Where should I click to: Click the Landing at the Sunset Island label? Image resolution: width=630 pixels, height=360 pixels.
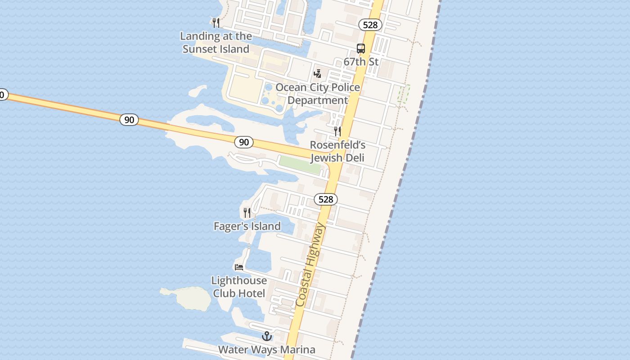click(x=216, y=42)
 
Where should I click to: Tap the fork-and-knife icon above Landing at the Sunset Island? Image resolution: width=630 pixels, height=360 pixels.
click(x=216, y=22)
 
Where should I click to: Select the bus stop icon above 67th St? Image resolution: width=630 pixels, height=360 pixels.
click(x=361, y=49)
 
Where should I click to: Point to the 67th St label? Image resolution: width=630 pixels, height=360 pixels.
click(x=361, y=62)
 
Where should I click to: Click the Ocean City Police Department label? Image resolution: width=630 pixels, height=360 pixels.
click(x=318, y=94)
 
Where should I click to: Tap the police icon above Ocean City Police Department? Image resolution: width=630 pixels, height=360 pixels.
click(x=318, y=73)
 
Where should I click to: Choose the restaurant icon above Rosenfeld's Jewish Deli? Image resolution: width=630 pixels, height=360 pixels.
click(x=337, y=131)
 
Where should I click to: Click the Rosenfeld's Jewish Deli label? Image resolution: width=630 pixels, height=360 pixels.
click(x=337, y=151)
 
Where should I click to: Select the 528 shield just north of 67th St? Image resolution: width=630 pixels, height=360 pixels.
click(x=370, y=25)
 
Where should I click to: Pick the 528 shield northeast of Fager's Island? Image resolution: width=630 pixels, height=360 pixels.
click(x=326, y=199)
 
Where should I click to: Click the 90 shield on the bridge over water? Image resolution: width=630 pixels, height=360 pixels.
click(x=129, y=120)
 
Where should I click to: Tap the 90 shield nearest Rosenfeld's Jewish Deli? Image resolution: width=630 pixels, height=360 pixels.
click(x=243, y=142)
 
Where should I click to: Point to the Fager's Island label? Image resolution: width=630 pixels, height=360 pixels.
click(x=247, y=226)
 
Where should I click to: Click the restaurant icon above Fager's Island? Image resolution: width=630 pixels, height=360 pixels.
click(x=247, y=212)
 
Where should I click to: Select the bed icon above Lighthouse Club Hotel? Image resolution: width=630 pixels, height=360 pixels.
click(x=239, y=267)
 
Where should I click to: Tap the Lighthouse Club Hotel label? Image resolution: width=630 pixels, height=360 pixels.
click(x=239, y=287)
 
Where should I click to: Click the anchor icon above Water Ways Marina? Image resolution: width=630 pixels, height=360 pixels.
click(x=267, y=336)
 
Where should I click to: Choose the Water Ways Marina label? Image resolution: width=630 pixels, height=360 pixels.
click(x=267, y=350)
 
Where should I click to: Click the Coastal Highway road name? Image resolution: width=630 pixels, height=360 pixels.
click(x=310, y=265)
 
